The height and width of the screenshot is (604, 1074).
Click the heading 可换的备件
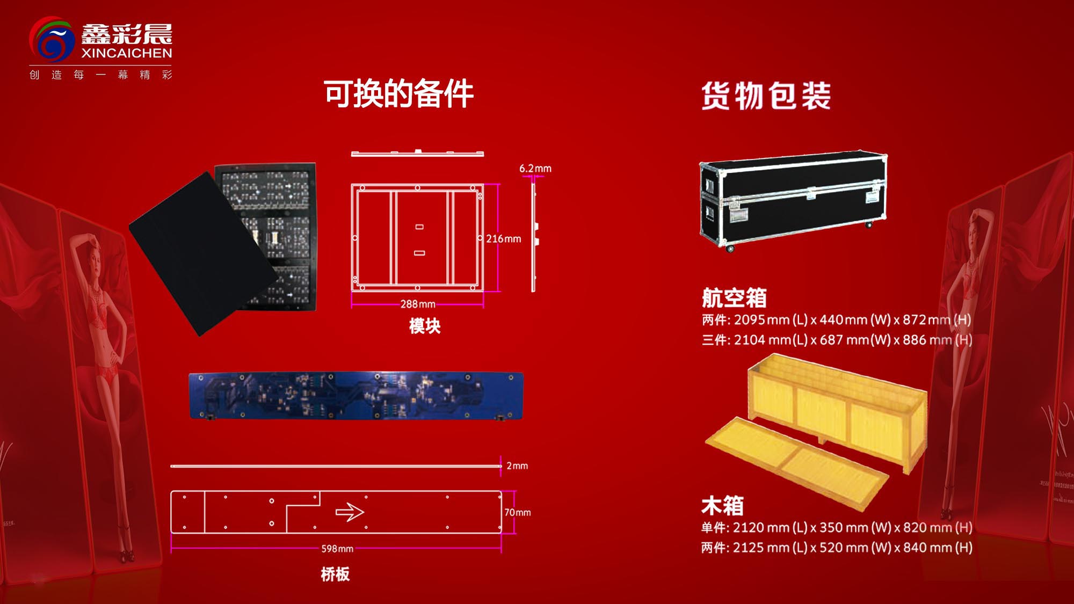point(398,94)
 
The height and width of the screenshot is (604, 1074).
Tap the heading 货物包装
point(766,96)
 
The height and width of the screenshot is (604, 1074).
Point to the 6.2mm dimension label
point(535,169)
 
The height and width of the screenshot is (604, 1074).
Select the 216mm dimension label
point(503,239)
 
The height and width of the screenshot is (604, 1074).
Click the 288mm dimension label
point(418,304)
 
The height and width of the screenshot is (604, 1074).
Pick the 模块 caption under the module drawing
point(425,326)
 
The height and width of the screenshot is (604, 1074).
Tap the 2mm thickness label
point(517,466)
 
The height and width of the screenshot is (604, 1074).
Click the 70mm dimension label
point(518,513)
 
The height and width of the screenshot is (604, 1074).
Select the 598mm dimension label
point(337,549)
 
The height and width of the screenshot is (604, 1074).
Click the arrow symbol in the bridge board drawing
point(350,512)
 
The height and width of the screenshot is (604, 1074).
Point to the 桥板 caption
point(335,574)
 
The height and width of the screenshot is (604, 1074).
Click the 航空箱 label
point(734,297)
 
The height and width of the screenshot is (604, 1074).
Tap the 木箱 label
point(722,506)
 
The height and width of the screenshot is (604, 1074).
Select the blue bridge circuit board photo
point(355,396)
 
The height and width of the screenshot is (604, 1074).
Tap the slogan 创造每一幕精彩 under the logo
point(101,75)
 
